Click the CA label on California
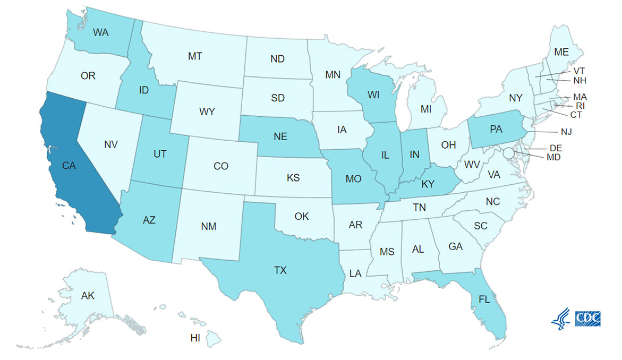click(x=69, y=166)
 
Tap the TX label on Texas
click(x=280, y=270)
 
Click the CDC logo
click(x=587, y=318)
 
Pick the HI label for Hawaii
click(x=195, y=338)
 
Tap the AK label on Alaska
click(x=88, y=295)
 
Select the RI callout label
click(x=580, y=106)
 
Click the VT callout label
click(x=579, y=71)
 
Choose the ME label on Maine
click(x=561, y=52)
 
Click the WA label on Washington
click(x=101, y=32)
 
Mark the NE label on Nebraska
click(x=280, y=137)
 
